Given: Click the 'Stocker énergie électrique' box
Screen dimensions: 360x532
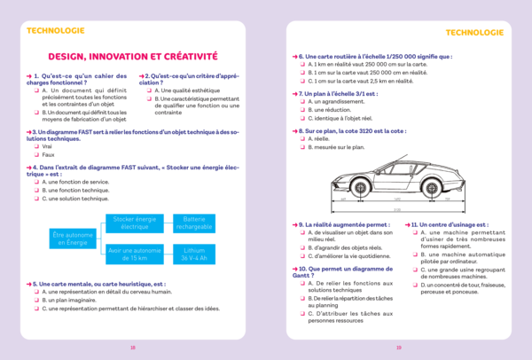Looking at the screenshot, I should [x=134, y=223].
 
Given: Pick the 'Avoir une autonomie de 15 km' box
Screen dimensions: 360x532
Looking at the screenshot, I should [x=134, y=254].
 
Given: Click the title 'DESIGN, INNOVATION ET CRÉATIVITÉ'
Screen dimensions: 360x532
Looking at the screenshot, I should [x=132, y=55].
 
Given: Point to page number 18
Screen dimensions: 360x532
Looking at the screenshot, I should [x=132, y=348].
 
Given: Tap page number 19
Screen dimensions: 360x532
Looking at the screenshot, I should [x=399, y=348].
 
